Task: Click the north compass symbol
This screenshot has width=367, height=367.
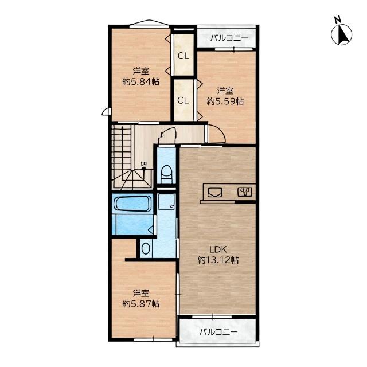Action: point(341,34)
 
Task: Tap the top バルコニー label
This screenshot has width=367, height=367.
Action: point(229,38)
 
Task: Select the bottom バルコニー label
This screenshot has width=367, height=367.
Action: point(218,332)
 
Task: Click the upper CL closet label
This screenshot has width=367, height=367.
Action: point(183,56)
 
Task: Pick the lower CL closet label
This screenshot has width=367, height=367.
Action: point(183,100)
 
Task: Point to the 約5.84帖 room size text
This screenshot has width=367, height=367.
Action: point(141,81)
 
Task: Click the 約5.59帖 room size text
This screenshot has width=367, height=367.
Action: point(225,101)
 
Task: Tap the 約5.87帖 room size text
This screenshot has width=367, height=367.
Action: point(141,304)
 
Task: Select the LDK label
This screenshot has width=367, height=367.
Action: point(218,249)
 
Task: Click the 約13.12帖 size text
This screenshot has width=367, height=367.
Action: point(218,260)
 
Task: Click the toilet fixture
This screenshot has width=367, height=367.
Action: point(167,174)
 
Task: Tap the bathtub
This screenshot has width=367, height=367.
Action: point(132,204)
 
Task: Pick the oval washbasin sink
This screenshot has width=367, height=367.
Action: point(146,248)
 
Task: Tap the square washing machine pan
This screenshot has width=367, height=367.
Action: point(166,202)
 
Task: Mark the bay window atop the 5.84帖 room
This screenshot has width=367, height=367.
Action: point(149,24)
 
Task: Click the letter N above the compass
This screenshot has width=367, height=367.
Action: point(337,20)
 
